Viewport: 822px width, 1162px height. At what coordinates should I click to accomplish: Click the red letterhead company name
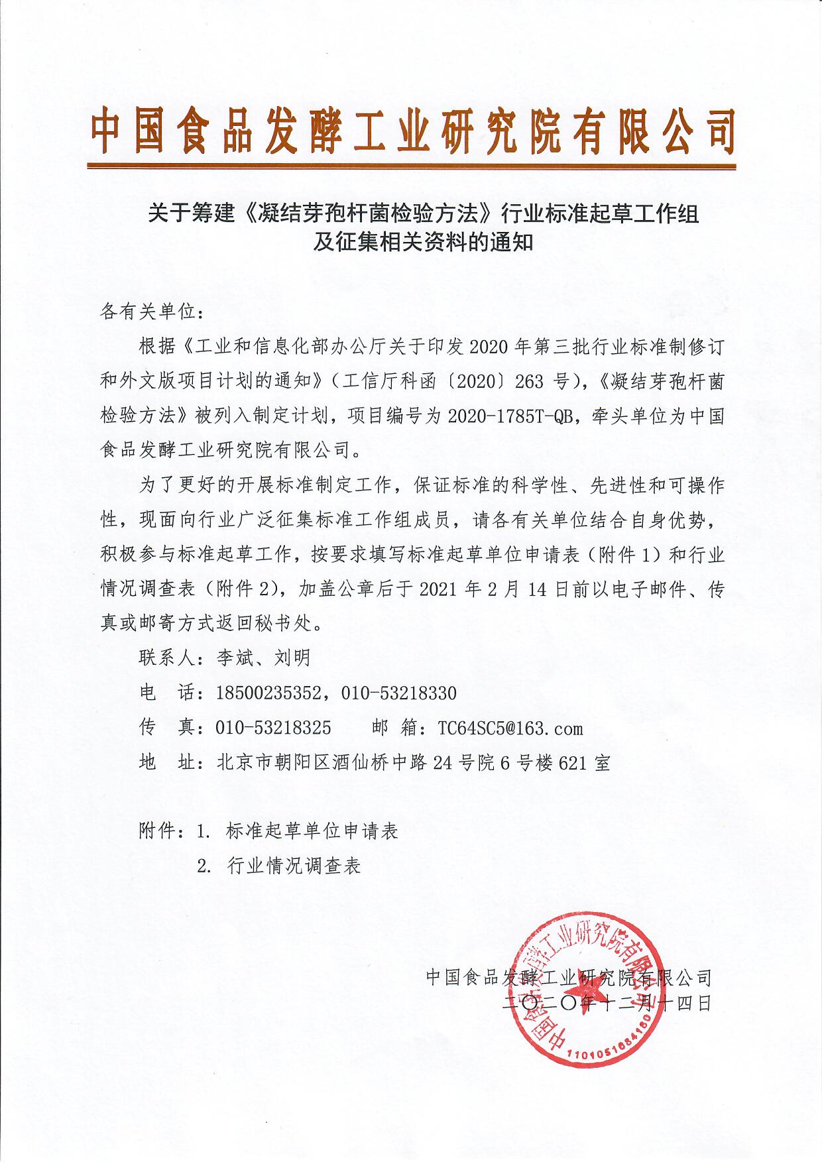pyautogui.click(x=412, y=130)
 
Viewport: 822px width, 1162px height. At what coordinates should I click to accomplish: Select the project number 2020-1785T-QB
pyautogui.click(x=510, y=416)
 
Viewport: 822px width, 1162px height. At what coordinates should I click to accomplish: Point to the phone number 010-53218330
pyautogui.click(x=399, y=693)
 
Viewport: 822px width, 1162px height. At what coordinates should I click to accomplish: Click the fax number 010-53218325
pyautogui.click(x=273, y=728)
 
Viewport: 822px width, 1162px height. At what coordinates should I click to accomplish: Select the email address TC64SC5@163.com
pyautogui.click(x=510, y=728)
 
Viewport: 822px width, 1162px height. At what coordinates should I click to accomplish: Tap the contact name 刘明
pyautogui.click(x=292, y=658)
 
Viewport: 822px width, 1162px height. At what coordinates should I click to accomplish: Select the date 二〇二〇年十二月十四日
pyautogui.click(x=607, y=1003)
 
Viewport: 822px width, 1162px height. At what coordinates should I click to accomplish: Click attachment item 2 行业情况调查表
pyautogui.click(x=294, y=866)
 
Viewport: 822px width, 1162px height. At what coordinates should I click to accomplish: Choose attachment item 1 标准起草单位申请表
pyautogui.click(x=312, y=831)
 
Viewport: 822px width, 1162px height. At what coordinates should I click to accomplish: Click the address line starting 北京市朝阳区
pyautogui.click(x=413, y=763)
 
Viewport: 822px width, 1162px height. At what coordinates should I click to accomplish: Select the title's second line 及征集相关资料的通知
pyautogui.click(x=424, y=243)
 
